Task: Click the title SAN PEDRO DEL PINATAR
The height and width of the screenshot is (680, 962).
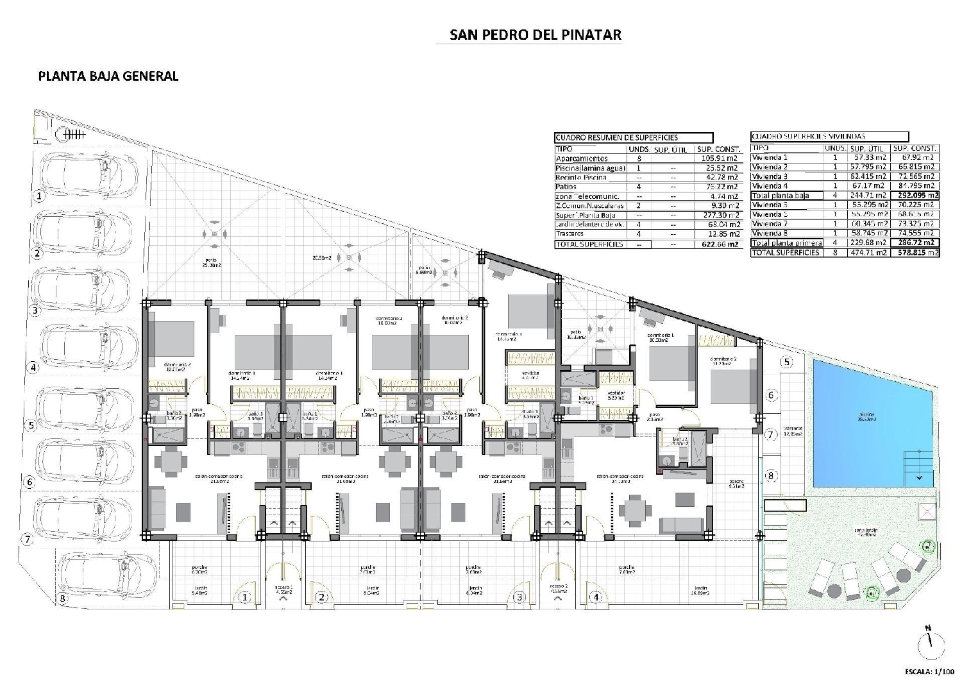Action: [535, 35]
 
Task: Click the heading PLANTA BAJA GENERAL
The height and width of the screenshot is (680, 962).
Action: [108, 76]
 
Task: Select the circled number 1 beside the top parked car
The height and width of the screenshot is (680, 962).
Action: [39, 196]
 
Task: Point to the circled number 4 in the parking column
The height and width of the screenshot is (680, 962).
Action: [33, 368]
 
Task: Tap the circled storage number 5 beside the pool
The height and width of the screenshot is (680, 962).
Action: [786, 362]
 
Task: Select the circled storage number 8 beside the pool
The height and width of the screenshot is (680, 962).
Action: [770, 475]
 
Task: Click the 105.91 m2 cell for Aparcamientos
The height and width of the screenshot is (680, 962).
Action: [718, 158]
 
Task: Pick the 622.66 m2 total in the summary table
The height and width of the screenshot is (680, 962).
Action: [718, 244]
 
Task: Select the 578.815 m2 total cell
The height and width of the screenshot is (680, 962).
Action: [915, 253]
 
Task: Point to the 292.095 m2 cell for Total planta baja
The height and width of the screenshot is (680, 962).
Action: [915, 196]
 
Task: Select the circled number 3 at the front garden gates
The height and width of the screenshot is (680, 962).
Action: [519, 597]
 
